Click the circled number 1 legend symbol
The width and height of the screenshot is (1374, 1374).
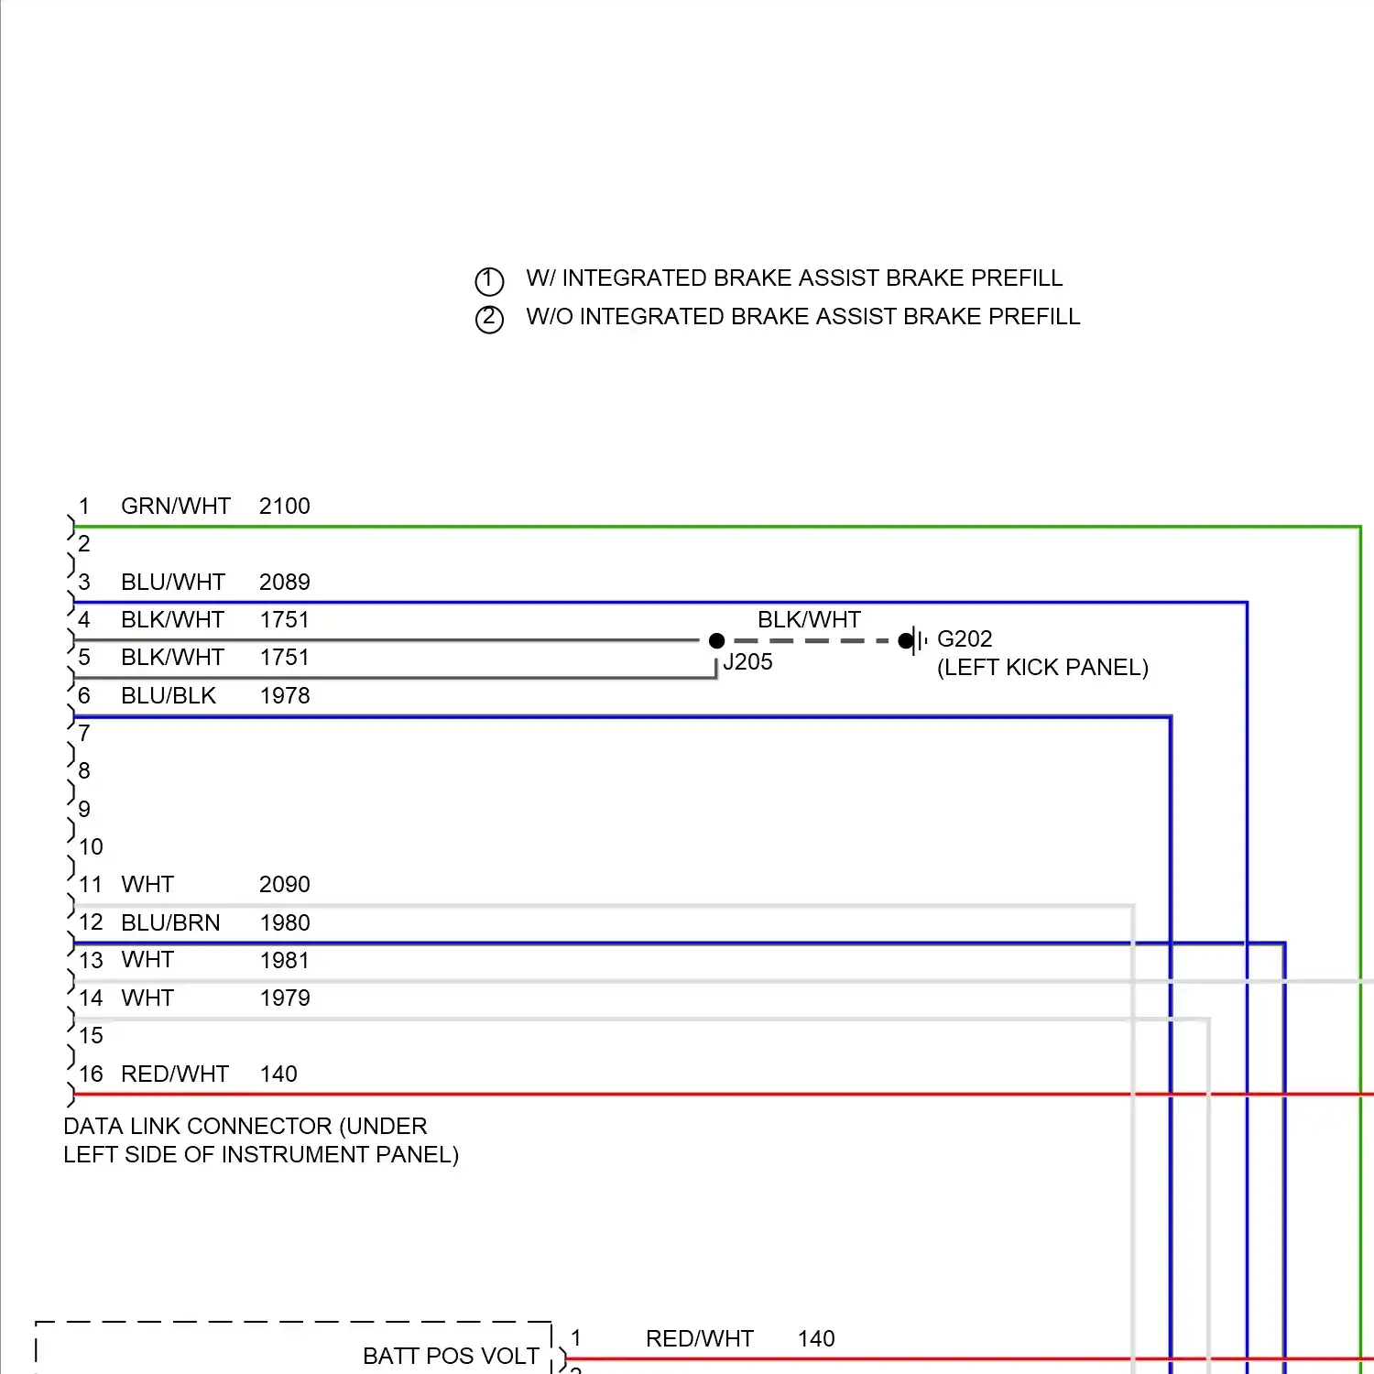(489, 280)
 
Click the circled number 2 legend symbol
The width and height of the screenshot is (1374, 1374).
(489, 319)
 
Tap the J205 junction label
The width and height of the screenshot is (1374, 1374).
(747, 662)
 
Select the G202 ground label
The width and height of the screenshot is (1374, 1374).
(965, 638)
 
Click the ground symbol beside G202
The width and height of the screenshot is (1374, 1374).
(915, 641)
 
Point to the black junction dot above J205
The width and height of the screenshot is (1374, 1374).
(716, 641)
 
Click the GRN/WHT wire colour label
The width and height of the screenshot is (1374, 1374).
(176, 506)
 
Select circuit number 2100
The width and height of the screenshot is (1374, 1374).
(284, 506)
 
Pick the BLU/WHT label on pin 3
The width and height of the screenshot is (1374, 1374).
(173, 582)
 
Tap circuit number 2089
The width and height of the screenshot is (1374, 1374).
(284, 582)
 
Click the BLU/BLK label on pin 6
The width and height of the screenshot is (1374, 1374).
(169, 695)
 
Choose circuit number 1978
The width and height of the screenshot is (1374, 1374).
(284, 695)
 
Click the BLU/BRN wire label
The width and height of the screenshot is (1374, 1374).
(170, 922)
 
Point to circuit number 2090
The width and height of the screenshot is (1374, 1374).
(284, 884)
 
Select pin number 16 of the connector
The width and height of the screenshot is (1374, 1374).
(91, 1074)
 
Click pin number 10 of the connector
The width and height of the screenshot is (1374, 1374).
(91, 846)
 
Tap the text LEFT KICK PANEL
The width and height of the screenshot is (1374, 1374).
(1042, 667)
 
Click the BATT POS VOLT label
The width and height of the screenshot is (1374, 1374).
(451, 1356)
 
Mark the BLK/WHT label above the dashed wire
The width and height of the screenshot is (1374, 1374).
(809, 619)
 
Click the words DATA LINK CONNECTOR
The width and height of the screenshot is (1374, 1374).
(198, 1126)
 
